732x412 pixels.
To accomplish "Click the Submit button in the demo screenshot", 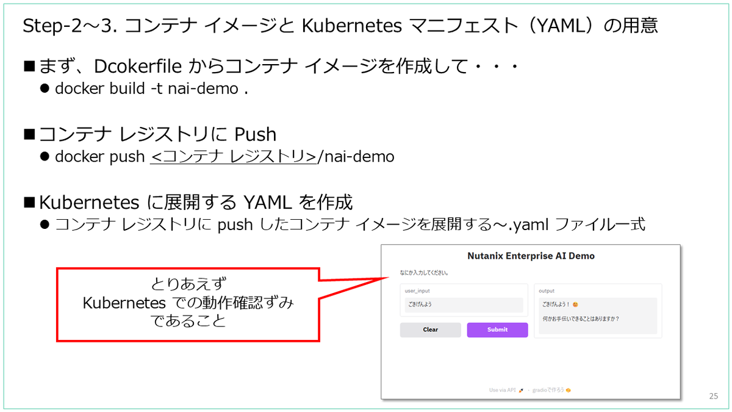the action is tap(497, 330).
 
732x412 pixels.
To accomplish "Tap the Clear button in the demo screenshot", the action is tap(430, 330).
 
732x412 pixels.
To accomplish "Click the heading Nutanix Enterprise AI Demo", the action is tap(531, 256).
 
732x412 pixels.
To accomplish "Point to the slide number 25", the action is tap(714, 396).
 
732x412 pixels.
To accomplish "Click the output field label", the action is tap(547, 291).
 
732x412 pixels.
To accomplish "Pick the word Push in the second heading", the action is tap(256, 134).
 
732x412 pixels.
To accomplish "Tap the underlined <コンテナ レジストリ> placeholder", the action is tap(234, 157).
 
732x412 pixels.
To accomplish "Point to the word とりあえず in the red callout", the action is tap(188, 284).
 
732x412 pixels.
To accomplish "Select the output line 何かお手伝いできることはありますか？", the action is tap(584, 319).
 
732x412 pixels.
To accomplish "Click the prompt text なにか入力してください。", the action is tap(425, 272).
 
